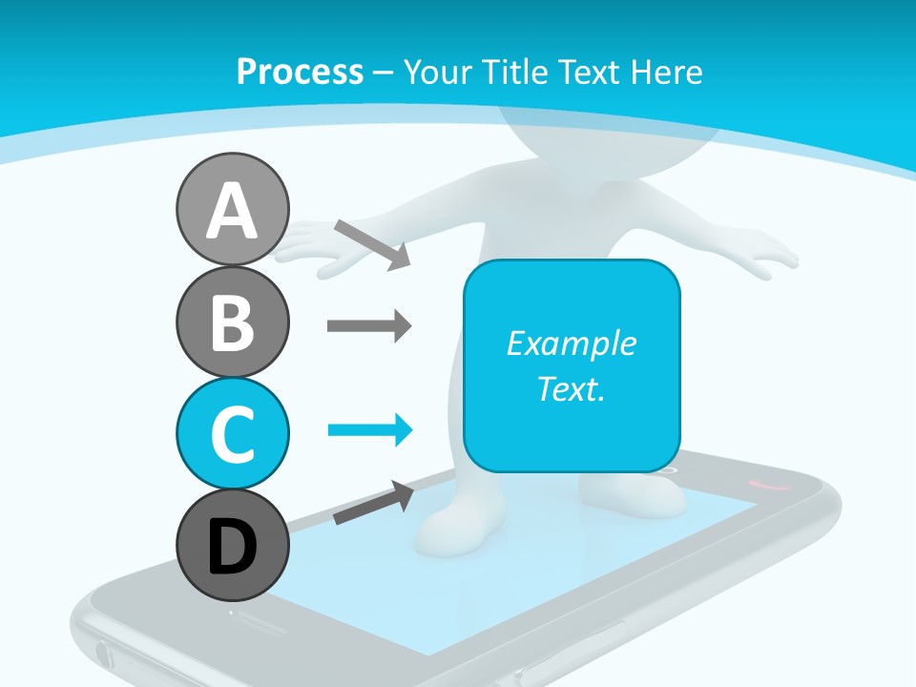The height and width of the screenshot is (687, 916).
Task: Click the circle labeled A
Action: pyautogui.click(x=232, y=210)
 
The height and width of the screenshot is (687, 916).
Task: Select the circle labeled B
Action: pyautogui.click(x=232, y=323)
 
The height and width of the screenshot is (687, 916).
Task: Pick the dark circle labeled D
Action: pyautogui.click(x=232, y=546)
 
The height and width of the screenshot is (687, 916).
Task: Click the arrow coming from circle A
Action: pyautogui.click(x=372, y=244)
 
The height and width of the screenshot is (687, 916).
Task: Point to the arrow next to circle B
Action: pyautogui.click(x=368, y=326)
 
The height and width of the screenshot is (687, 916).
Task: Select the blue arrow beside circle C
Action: pyautogui.click(x=369, y=430)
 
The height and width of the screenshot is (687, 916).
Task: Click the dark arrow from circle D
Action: pyautogui.click(x=373, y=503)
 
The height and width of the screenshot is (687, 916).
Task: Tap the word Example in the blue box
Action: pyautogui.click(x=571, y=343)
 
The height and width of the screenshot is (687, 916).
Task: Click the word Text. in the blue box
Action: pyautogui.click(x=571, y=388)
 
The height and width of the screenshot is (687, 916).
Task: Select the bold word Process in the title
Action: pyautogui.click(x=300, y=72)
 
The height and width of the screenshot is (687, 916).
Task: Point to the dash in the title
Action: pyautogui.click(x=384, y=73)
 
